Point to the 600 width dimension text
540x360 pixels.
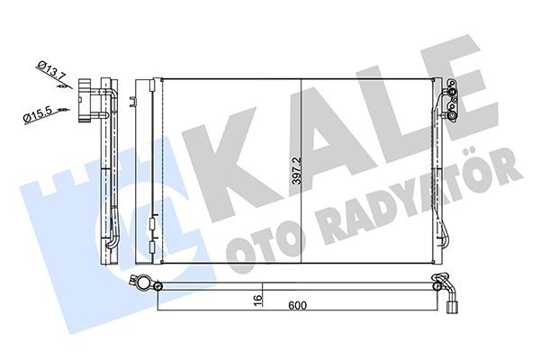298,305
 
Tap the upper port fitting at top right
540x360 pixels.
451,90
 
